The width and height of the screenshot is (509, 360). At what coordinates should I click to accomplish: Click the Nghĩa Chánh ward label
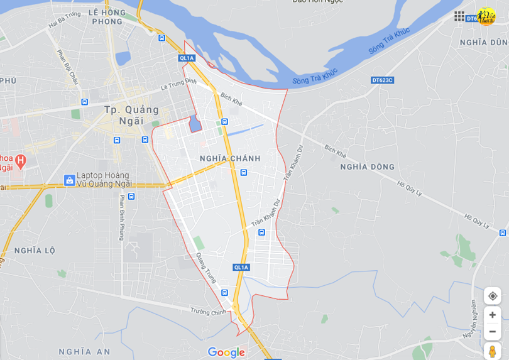pyautogui.click(x=229, y=158)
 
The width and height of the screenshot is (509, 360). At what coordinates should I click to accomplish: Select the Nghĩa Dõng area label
pyautogui.click(x=367, y=166)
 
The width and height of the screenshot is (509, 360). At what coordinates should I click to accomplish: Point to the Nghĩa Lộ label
pyautogui.click(x=35, y=250)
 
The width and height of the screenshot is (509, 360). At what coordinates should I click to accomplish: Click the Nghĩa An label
pyautogui.click(x=84, y=351)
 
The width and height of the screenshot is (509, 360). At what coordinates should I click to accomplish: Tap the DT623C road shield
pyautogui.click(x=382, y=80)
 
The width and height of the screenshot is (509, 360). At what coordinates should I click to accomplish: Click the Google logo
pyautogui.click(x=226, y=352)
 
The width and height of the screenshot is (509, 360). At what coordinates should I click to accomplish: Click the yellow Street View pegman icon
pyautogui.click(x=492, y=351)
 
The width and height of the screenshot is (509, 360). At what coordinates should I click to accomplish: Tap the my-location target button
pyautogui.click(x=492, y=296)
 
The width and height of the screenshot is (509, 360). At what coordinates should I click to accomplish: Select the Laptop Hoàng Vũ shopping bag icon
pyautogui.click(x=70, y=180)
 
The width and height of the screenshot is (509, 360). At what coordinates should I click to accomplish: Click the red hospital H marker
pyautogui.click(x=20, y=161)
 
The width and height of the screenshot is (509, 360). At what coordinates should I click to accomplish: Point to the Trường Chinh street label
pyautogui.click(x=209, y=310)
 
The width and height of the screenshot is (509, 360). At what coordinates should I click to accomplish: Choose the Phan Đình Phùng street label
pyautogui.click(x=121, y=217)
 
